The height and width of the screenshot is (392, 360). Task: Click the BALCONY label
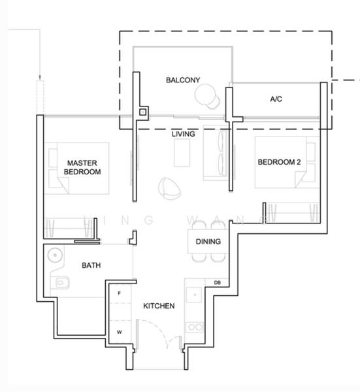pyautogui.click(x=182, y=80)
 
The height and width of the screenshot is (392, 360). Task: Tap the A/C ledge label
pyautogui.click(x=276, y=99)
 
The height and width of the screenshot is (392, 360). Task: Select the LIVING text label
pyautogui.click(x=184, y=133)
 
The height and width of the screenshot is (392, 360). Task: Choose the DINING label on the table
pyautogui.click(x=208, y=242)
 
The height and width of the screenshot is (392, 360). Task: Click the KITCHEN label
pyautogui.click(x=159, y=305)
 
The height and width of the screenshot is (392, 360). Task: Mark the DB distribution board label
pyautogui.click(x=217, y=282)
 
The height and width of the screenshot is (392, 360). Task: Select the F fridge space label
pyautogui.click(x=119, y=294)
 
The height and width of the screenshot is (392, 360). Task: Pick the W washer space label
pyautogui.click(x=119, y=331)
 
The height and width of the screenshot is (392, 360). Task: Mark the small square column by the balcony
pyautogui.click(x=142, y=112)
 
